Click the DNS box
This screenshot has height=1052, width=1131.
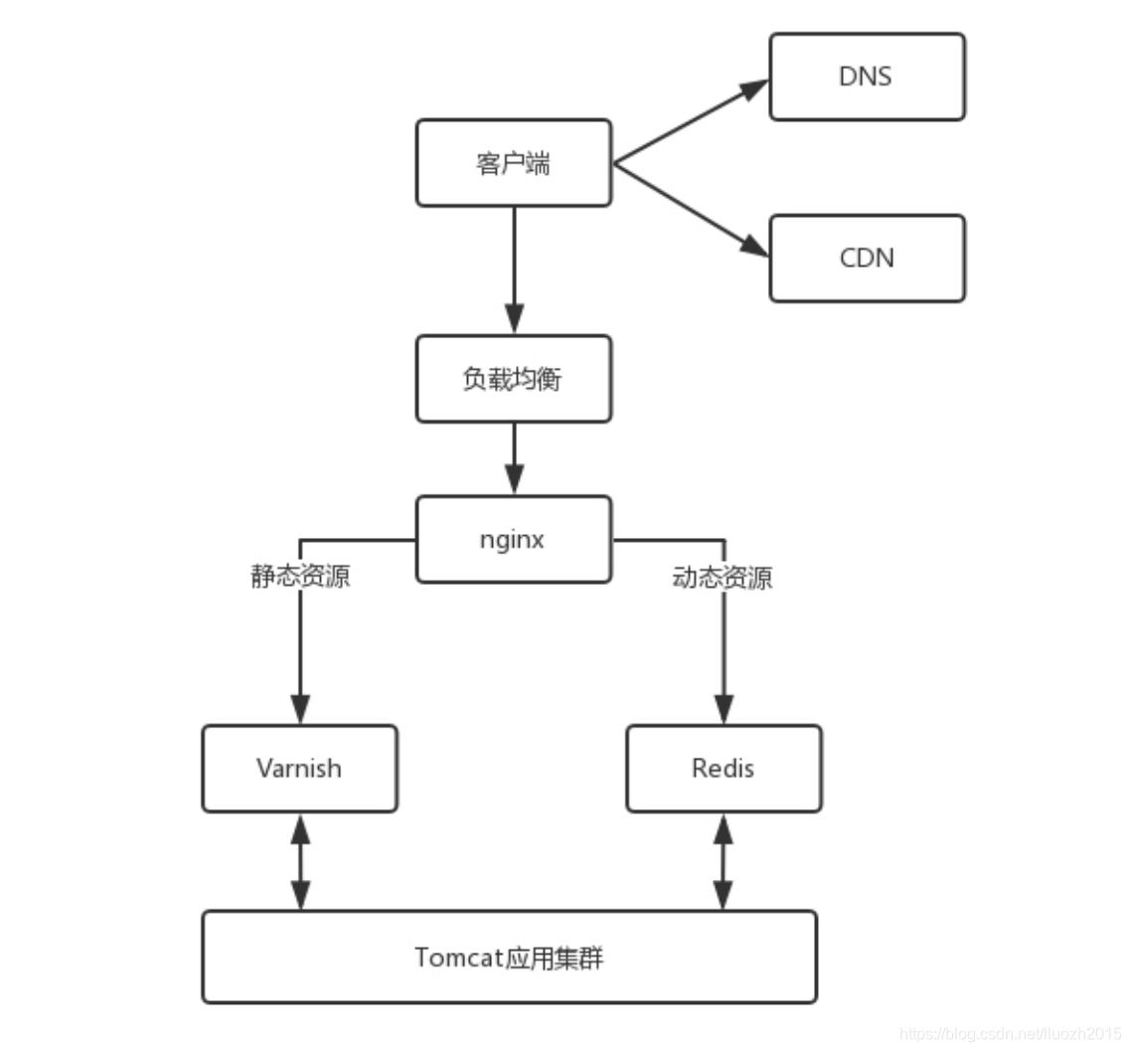click(x=867, y=77)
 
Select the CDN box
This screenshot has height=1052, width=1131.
click(x=867, y=259)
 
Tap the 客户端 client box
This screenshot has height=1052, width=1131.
click(x=513, y=163)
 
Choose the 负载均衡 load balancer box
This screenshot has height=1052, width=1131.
click(x=513, y=379)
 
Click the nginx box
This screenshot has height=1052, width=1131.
click(x=513, y=539)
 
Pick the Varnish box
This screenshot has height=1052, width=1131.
click(x=299, y=768)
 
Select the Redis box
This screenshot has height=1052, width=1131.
click(x=724, y=768)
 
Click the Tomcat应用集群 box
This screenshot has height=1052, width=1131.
click(x=509, y=957)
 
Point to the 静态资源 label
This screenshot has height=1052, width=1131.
click(x=299, y=578)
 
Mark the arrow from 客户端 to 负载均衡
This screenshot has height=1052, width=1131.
click(x=514, y=268)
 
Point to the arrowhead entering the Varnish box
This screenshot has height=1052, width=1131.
click(x=299, y=710)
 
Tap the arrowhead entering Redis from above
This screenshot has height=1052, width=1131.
click(x=724, y=710)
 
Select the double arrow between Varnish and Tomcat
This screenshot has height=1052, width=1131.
click(x=299, y=861)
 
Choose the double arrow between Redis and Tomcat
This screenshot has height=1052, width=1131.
click(x=724, y=861)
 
